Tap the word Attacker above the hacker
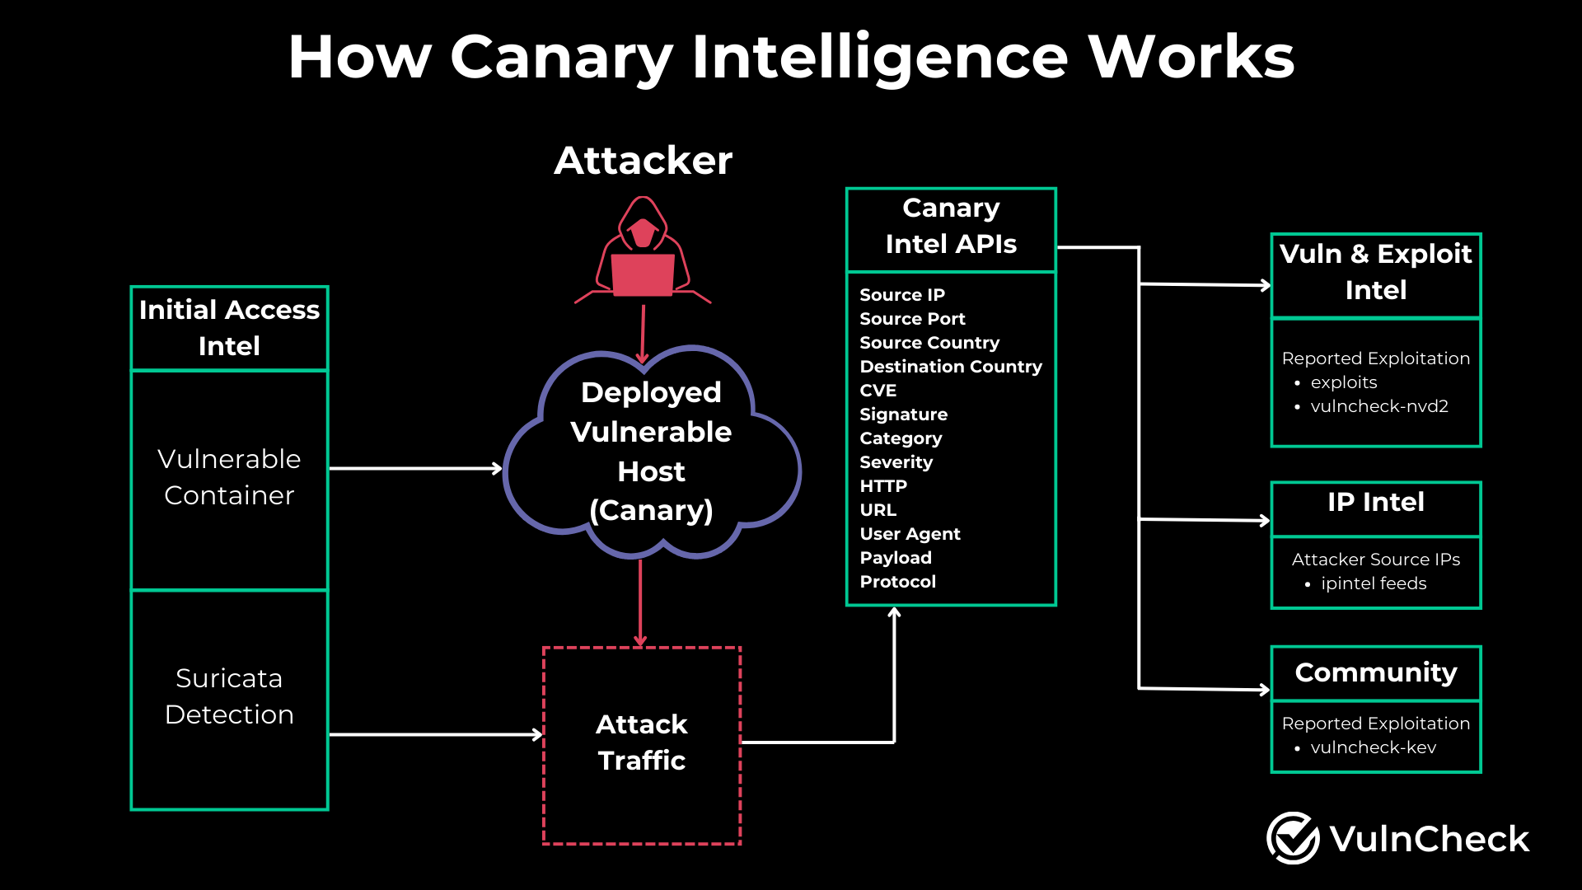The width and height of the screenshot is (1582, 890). tap(643, 160)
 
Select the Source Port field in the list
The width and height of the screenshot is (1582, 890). tap(911, 319)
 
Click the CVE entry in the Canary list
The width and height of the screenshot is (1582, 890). tap(878, 391)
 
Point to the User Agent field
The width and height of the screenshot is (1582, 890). tap(910, 534)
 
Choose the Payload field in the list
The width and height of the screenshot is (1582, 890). tap(895, 558)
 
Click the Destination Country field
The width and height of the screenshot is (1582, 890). tap(950, 367)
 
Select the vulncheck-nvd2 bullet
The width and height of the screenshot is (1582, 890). tap(1378, 406)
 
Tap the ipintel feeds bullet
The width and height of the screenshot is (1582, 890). tap(1373, 583)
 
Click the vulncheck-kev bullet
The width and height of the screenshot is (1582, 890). tap(1373, 747)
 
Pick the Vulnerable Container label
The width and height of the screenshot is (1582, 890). tap(229, 477)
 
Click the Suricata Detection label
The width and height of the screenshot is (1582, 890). tap(229, 696)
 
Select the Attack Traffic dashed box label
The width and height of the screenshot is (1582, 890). tap(641, 742)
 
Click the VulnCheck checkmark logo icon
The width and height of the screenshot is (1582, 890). tap(1293, 838)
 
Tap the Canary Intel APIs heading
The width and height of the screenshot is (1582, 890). tap(951, 226)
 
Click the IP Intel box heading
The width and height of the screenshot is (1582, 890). tap(1375, 502)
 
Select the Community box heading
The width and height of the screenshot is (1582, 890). tap(1375, 672)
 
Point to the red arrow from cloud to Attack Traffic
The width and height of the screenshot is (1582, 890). tap(640, 602)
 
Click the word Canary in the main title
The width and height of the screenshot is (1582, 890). tap(561, 58)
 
